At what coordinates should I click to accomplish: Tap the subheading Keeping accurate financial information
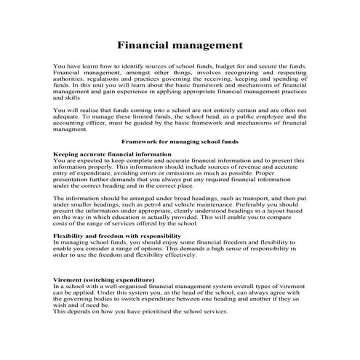(x=113, y=154)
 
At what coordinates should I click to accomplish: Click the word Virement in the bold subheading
(x=70, y=279)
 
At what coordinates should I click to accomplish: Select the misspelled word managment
(x=72, y=129)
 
